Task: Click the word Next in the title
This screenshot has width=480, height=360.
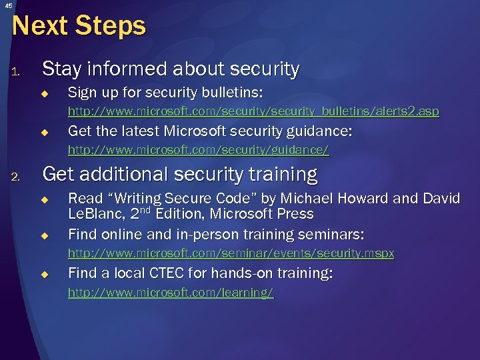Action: pyautogui.click(x=40, y=26)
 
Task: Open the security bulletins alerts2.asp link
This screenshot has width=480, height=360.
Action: pyautogui.click(x=253, y=111)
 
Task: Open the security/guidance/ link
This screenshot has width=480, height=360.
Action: pyautogui.click(x=199, y=150)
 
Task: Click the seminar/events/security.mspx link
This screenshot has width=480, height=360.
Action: pyautogui.click(x=231, y=253)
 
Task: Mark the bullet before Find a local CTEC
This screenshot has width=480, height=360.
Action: pyautogui.click(x=45, y=274)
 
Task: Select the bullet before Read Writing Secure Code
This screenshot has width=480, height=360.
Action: pyautogui.click(x=45, y=199)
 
